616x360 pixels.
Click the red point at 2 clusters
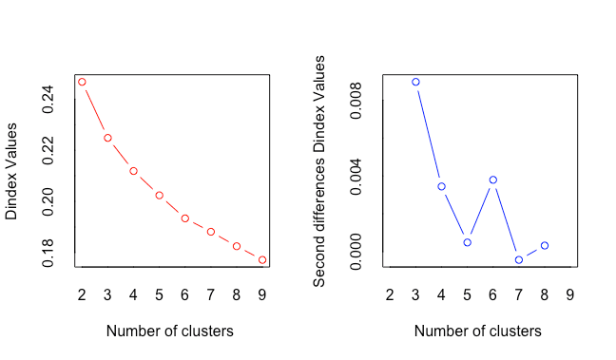click(x=82, y=82)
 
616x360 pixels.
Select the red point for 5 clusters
click(x=159, y=195)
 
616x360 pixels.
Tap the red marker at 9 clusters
click(x=262, y=260)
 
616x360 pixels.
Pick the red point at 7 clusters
click(x=211, y=232)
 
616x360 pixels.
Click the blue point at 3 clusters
click(x=415, y=82)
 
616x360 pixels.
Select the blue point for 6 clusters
click(x=493, y=180)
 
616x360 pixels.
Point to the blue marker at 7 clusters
click(x=519, y=260)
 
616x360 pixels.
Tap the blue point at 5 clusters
click(x=467, y=242)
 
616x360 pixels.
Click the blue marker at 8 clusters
click(x=545, y=245)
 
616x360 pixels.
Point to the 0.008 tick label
click(x=356, y=101)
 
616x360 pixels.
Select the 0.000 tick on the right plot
click(x=356, y=252)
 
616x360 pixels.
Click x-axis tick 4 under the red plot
click(x=133, y=294)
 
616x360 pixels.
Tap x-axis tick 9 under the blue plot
click(x=570, y=294)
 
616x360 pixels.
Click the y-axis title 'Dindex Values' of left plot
click(x=11, y=171)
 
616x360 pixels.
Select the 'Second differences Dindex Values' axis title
click(x=319, y=171)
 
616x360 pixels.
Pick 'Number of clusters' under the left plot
click(x=170, y=331)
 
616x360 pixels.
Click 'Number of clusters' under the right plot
click(x=478, y=331)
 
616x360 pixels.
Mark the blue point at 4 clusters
click(x=442, y=186)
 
